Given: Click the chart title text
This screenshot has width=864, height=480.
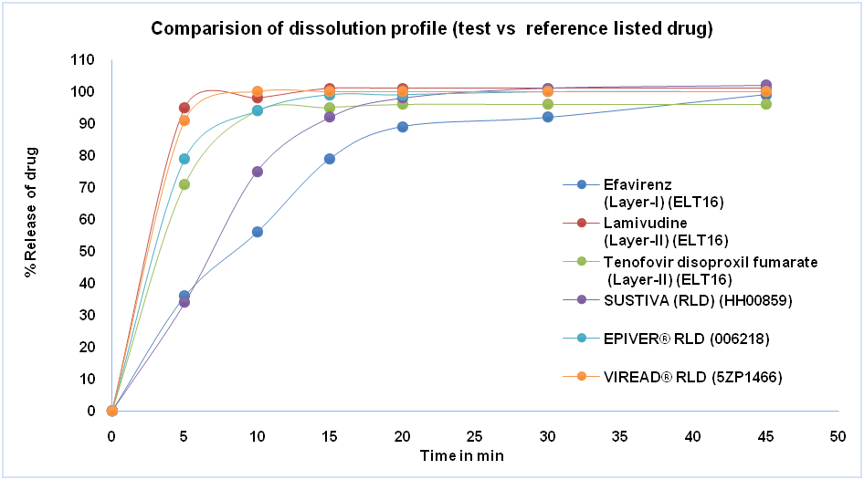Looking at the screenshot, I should [x=431, y=28].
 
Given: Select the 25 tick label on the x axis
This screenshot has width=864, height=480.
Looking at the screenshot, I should [x=475, y=436].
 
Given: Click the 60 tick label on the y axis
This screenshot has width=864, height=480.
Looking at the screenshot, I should [x=85, y=219].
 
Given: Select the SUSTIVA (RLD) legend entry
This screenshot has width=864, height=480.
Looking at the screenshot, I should [x=675, y=299].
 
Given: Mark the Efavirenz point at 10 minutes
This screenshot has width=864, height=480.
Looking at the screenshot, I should [x=258, y=232].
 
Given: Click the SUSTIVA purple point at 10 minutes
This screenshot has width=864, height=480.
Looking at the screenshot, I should [x=258, y=172].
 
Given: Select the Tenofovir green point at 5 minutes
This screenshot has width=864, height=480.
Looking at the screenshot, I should [x=184, y=184].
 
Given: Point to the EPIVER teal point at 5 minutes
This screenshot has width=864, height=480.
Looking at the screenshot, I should [x=184, y=159].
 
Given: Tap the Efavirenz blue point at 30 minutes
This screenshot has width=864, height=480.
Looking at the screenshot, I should [x=548, y=117].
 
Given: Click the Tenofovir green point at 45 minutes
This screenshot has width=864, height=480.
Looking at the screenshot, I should [x=766, y=104].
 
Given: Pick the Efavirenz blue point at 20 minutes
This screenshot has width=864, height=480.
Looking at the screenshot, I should [x=403, y=127].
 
